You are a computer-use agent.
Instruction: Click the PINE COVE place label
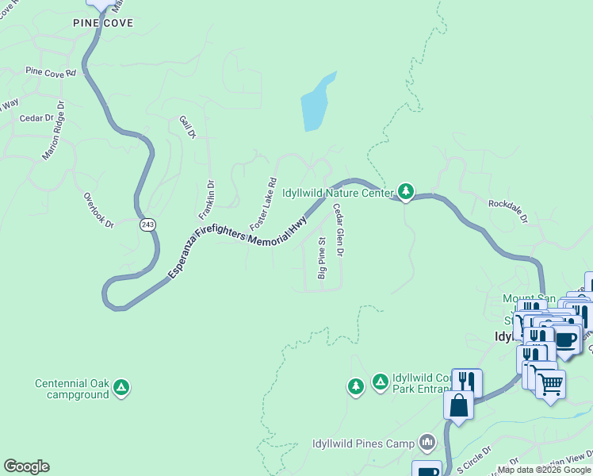click(x=103, y=23)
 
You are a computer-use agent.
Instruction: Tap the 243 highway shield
click(x=147, y=225)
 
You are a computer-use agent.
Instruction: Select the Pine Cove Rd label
click(x=50, y=71)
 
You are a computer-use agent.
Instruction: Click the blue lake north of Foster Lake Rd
click(x=316, y=103)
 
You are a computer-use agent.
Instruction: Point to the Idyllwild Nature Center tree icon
click(x=406, y=191)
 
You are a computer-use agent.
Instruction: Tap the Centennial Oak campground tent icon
click(x=121, y=388)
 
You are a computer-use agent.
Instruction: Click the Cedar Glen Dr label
click(x=338, y=230)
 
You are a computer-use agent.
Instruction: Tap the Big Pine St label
click(x=323, y=258)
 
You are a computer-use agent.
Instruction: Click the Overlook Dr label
click(x=99, y=210)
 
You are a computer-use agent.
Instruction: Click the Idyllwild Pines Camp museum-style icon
click(x=428, y=441)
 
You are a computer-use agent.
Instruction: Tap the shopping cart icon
click(x=550, y=385)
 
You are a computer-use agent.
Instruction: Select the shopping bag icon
click(x=459, y=405)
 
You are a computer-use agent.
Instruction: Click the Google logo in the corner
click(x=26, y=466)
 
